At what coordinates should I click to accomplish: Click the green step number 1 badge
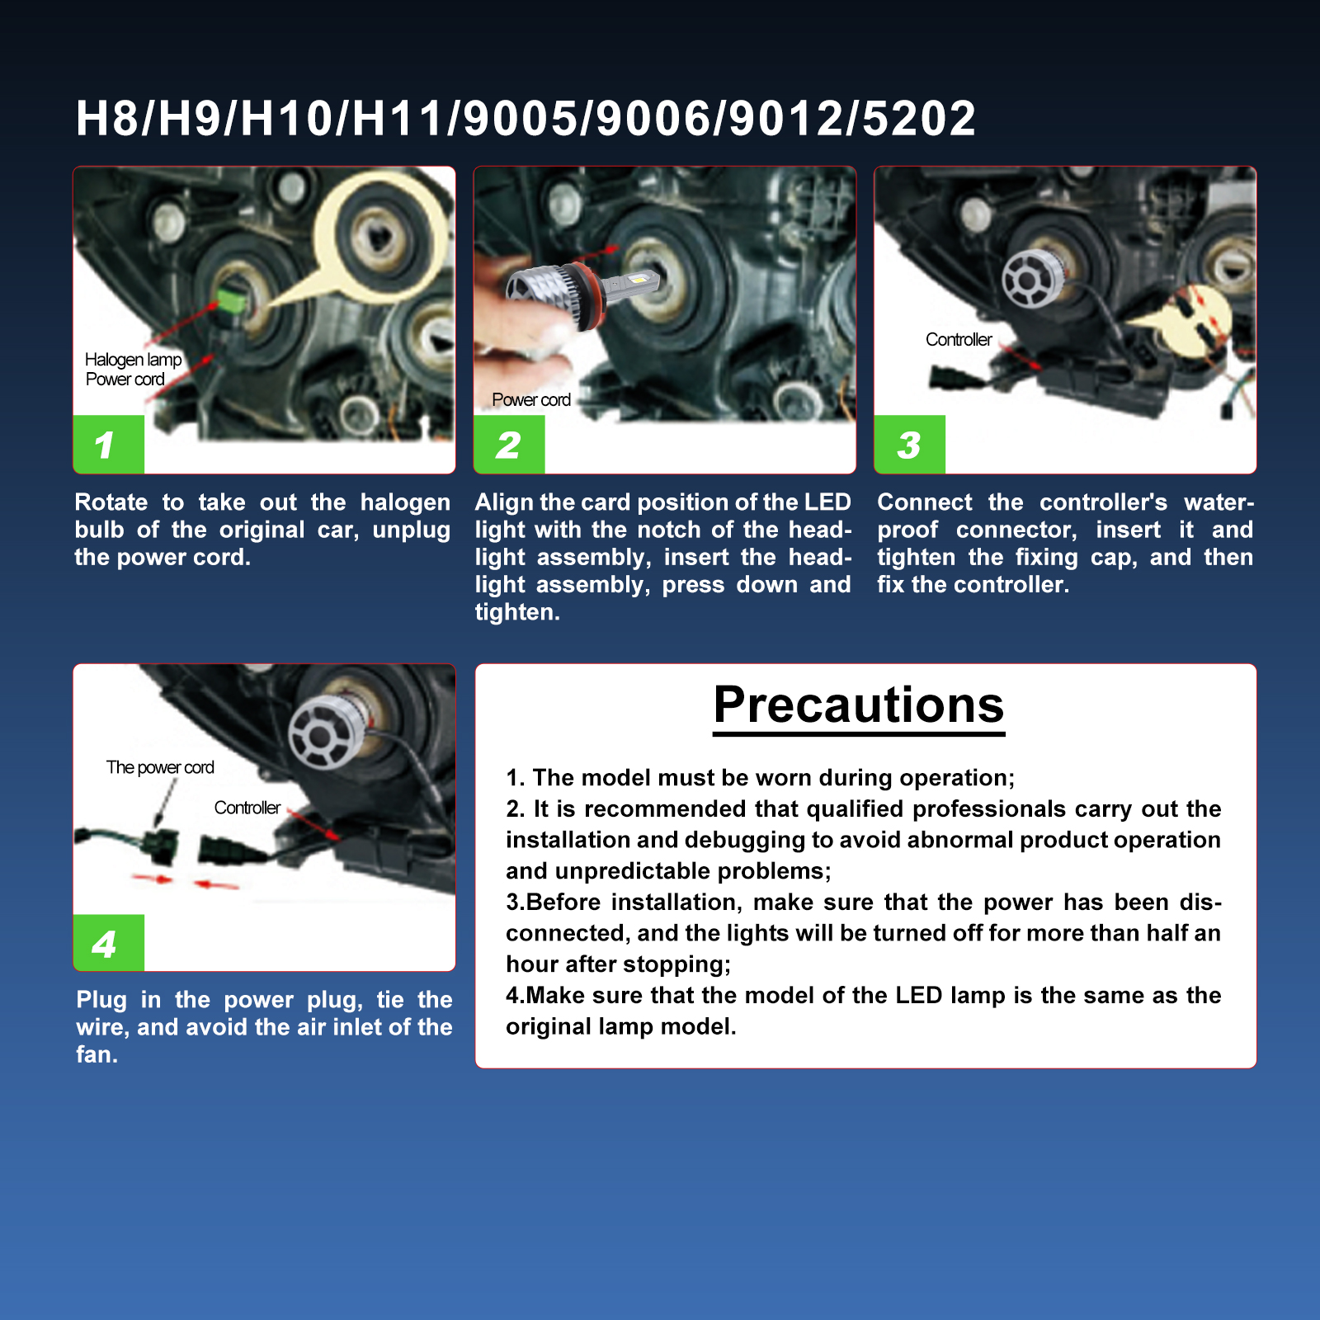pos(109,445)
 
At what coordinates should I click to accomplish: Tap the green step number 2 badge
pos(509,445)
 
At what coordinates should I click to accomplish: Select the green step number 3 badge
pos(910,445)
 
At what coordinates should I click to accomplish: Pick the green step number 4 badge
pos(109,943)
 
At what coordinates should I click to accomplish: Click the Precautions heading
pos(859,705)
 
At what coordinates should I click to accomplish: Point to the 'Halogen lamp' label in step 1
pos(134,360)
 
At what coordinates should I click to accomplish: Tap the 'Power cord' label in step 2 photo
pos(531,400)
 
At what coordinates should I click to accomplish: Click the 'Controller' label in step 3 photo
pos(959,340)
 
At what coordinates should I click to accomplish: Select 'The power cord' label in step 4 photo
pos(160,768)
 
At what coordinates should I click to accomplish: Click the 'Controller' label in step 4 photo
pos(247,808)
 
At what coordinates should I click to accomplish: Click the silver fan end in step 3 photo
pos(1029,279)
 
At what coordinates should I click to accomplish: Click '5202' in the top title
pos(919,118)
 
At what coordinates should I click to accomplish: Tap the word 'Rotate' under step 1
pos(111,502)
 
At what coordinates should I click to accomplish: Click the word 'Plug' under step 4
pos(101,1001)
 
